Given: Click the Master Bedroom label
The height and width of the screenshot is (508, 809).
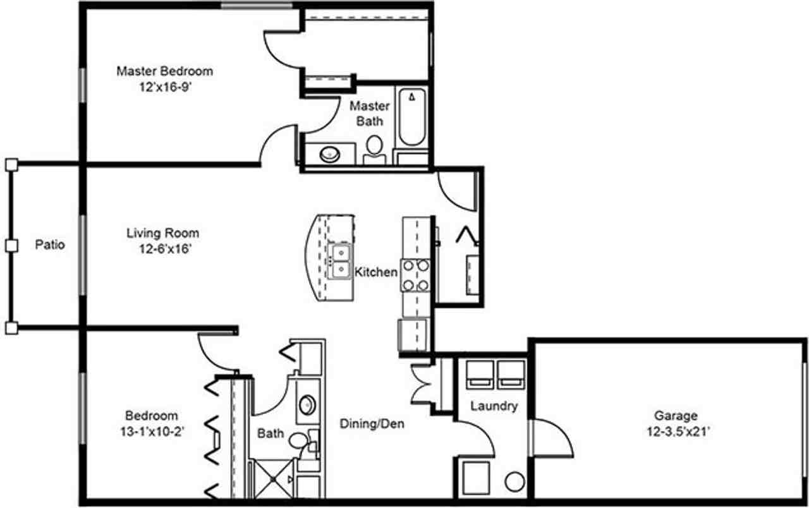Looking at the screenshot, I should tap(164, 71).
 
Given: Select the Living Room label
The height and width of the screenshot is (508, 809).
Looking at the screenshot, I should tap(162, 233).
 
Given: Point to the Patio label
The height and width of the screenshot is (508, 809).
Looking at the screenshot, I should tap(49, 245).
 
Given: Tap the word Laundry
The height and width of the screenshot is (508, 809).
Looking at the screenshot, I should tap(494, 406).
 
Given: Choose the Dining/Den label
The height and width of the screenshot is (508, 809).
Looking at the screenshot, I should tap(372, 423).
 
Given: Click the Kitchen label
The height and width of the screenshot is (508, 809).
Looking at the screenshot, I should tap(376, 272).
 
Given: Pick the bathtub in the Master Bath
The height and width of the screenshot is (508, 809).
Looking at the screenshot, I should tap(412, 118).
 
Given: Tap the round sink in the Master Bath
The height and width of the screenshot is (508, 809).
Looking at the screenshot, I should tap(329, 154).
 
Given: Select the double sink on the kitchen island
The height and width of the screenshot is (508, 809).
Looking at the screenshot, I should tap(341, 262).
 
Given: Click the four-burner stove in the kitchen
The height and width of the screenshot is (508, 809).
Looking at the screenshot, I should tap(415, 275).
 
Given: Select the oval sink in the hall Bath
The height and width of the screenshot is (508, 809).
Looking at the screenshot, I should tap(307, 405).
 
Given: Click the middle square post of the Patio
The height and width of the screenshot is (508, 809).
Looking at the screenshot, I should tap(10, 245).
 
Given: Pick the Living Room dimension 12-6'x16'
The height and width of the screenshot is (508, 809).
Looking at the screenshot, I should tap(162, 249).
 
